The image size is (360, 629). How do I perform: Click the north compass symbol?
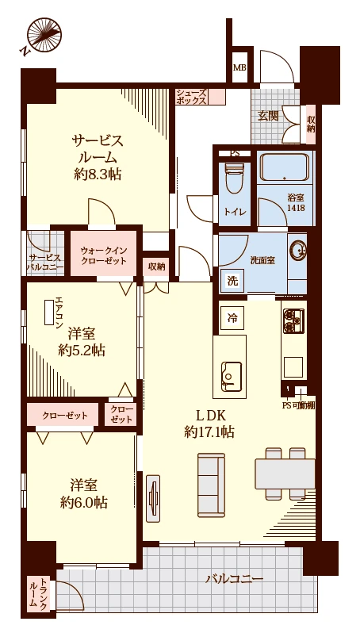click(44, 35)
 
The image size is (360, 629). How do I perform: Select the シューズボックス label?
click(191, 97)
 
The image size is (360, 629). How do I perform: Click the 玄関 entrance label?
click(268, 116)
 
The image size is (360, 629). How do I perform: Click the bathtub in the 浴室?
click(284, 170)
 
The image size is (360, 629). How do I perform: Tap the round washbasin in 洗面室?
click(299, 250)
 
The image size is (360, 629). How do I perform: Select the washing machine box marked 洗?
click(232, 280)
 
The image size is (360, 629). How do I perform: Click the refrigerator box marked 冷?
click(232, 317)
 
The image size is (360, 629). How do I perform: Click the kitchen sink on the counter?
click(231, 373)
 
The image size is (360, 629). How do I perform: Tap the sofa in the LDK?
click(213, 475)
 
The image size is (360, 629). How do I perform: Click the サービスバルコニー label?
click(44, 263)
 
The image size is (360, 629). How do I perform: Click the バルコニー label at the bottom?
click(234, 579)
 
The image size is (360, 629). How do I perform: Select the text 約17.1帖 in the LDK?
click(209, 432)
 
